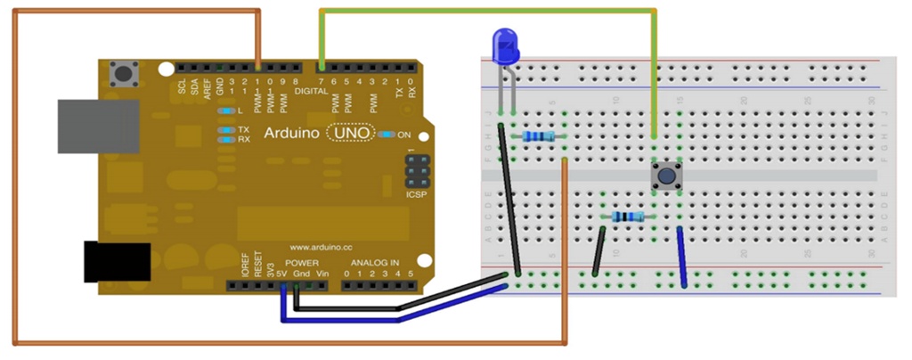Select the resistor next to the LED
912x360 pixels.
coord(540,136)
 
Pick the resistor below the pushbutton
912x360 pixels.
coord(629,217)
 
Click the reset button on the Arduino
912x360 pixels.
coord(123,74)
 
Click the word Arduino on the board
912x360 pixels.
coord(292,134)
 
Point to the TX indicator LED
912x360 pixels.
coord(227,129)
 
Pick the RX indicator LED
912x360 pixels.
coord(227,139)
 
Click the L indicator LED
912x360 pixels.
coord(227,111)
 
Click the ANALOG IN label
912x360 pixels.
coord(379,263)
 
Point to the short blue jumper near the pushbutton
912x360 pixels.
coord(682,257)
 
